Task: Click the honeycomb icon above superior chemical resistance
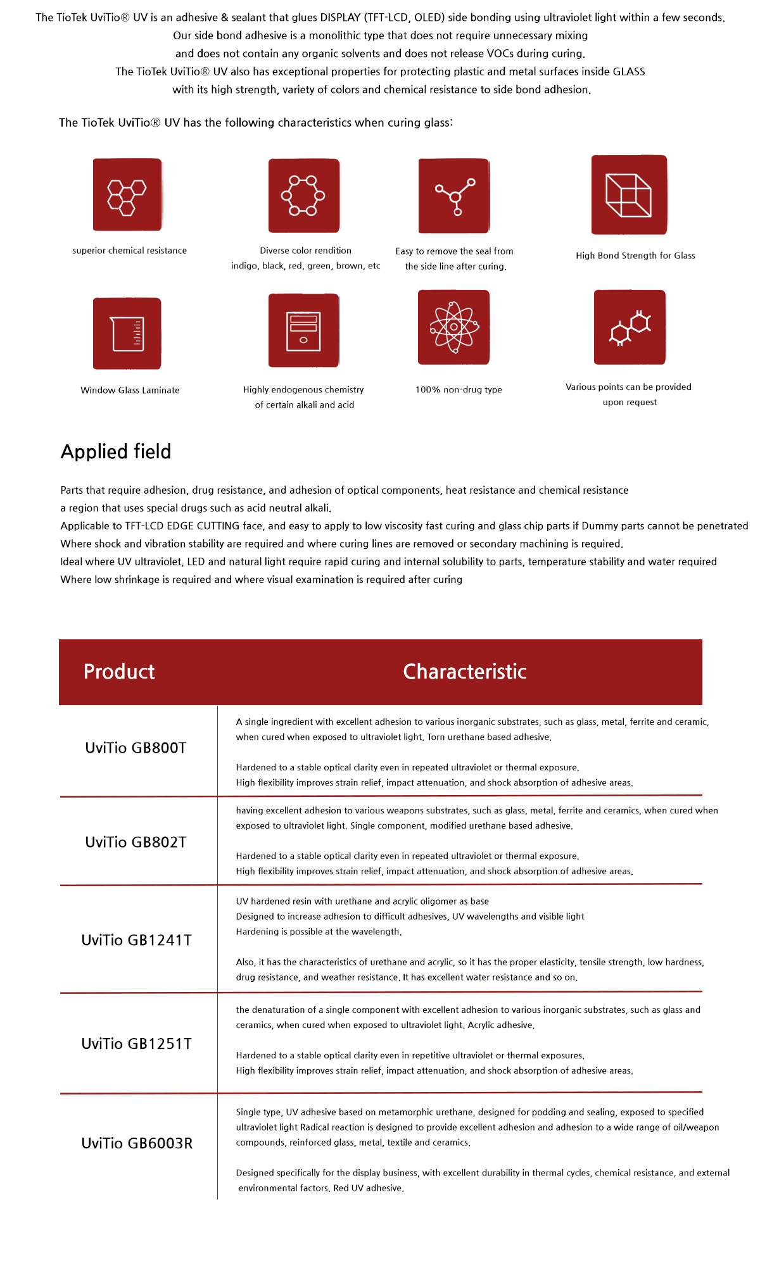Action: (x=127, y=195)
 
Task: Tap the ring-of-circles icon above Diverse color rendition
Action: (x=303, y=196)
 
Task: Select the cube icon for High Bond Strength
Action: (x=629, y=195)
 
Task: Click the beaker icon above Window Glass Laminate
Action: (x=127, y=334)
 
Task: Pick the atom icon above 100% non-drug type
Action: (x=453, y=327)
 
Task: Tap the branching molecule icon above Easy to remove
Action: (x=453, y=196)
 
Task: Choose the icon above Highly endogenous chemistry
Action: (x=303, y=330)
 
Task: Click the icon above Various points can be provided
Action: (x=630, y=327)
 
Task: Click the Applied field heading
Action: (x=116, y=451)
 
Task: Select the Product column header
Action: (x=119, y=672)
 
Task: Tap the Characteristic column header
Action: (x=465, y=672)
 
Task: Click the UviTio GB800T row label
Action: (x=136, y=748)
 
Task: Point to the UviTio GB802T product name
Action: (x=136, y=843)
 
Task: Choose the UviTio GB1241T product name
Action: (x=136, y=941)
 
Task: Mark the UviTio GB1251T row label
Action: (x=136, y=1044)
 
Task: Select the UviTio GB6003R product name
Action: (x=137, y=1144)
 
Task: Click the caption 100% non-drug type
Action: (x=459, y=390)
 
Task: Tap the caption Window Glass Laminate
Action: (x=130, y=391)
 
